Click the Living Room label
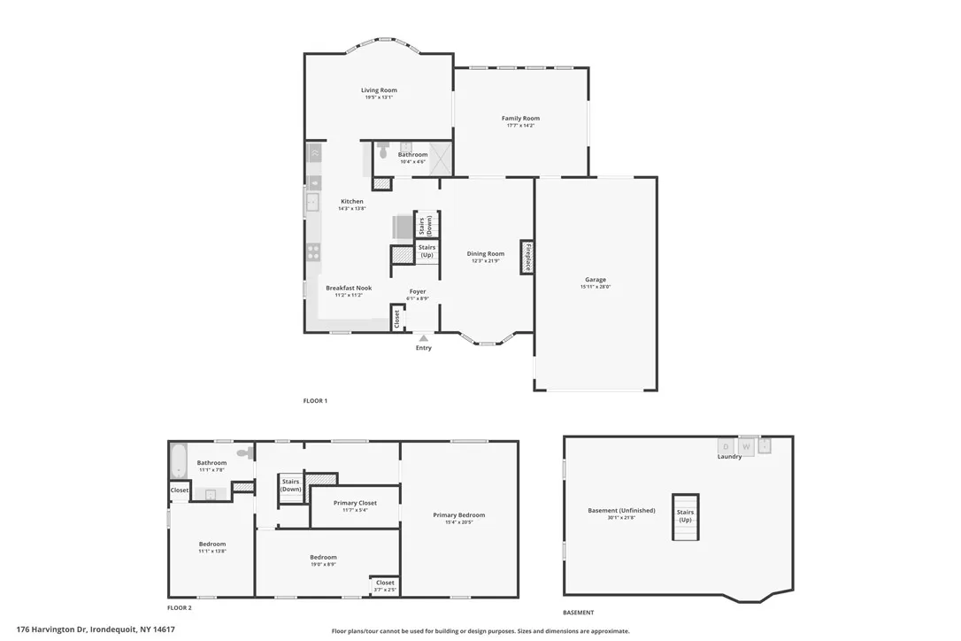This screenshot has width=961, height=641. (379, 90)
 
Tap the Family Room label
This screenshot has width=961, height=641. (520, 119)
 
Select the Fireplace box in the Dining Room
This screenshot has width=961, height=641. (527, 257)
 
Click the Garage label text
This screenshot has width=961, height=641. (595, 280)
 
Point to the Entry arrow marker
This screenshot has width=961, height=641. (424, 337)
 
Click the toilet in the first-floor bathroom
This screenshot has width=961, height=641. (383, 151)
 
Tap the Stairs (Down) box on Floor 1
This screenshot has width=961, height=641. (427, 224)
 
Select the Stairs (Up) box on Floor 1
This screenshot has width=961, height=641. (427, 251)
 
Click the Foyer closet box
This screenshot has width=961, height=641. (396, 319)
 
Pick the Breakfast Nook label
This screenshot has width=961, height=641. (349, 288)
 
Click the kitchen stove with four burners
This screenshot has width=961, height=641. (313, 251)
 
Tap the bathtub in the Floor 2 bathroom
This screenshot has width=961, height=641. (178, 461)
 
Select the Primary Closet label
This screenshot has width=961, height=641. (355, 503)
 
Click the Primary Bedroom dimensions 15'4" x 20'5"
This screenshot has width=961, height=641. (458, 522)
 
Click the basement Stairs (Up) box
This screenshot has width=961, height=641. (685, 516)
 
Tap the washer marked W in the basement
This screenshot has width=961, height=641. (746, 447)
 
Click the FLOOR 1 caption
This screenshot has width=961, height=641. (315, 401)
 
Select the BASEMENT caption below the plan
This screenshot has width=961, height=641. (579, 613)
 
